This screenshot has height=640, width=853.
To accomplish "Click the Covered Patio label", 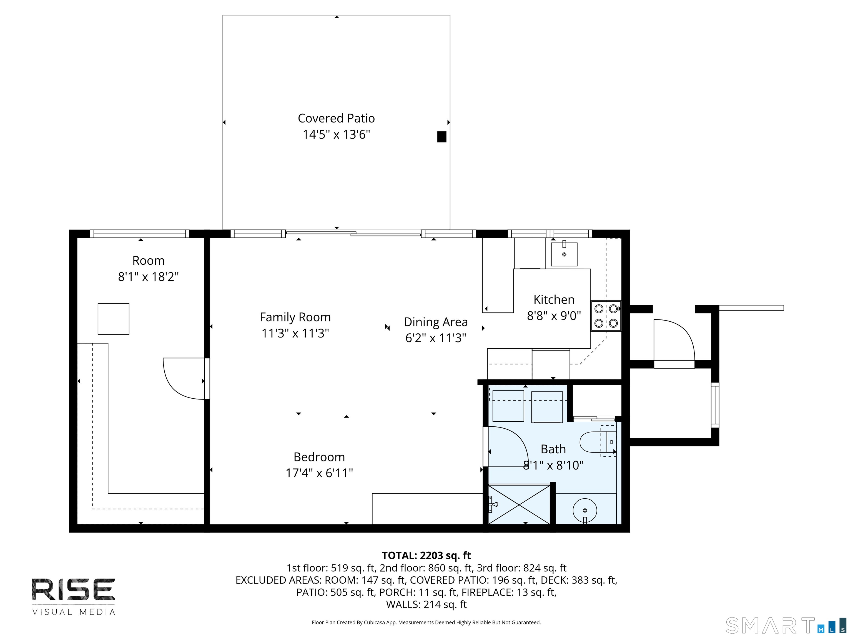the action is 336,118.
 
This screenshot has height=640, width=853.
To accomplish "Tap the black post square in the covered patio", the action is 441,137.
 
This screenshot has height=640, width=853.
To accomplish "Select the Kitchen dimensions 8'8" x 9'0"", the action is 554,316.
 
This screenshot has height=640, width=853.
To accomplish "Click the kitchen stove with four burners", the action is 606,316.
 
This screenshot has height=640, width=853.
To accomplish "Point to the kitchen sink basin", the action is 564,254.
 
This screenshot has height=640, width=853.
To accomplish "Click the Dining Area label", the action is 436,322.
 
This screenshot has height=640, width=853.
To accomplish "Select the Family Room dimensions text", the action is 295,333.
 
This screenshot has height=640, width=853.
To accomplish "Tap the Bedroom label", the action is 319,457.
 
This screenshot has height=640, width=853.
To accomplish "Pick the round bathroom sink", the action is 585,510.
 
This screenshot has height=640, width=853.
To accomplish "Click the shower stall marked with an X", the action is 519,504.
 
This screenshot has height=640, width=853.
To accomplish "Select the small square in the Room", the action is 113,319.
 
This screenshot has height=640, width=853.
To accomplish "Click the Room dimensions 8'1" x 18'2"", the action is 149,277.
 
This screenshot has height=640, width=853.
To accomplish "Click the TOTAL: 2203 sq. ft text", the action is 426,556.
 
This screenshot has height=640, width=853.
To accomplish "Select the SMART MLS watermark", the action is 786,625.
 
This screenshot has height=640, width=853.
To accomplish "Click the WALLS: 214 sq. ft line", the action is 426,604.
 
